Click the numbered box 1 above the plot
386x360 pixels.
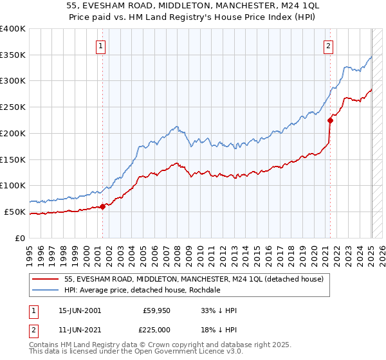[102, 45]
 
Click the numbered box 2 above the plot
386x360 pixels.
[329, 45]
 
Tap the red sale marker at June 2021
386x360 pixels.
[330, 120]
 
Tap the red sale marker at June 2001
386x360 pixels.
[102, 206]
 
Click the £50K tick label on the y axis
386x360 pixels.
[15, 212]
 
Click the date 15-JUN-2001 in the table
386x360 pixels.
[79, 310]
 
